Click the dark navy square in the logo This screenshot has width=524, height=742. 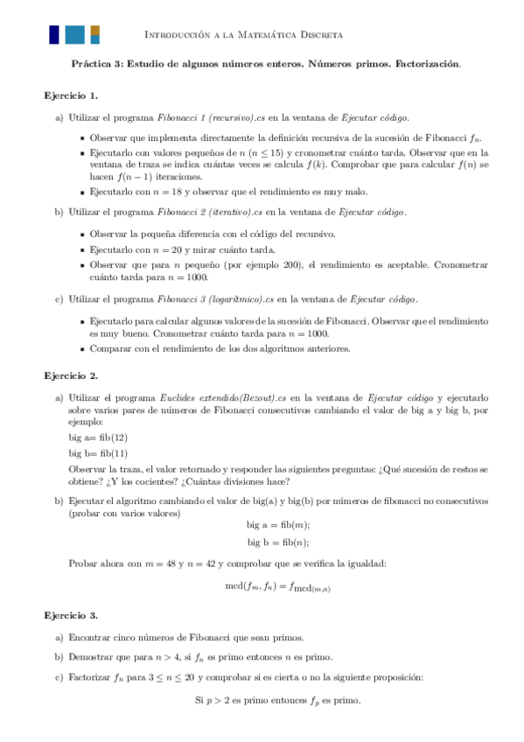point(54,34)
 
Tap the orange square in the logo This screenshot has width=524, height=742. point(94,34)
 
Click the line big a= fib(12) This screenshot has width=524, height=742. point(98,437)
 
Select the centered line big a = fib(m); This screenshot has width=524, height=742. point(278,524)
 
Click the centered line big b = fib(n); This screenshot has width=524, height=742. point(278,542)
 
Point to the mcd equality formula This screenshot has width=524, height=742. point(278,587)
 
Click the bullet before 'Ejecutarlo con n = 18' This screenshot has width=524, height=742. point(82,192)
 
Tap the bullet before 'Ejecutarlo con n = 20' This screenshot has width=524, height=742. point(82,249)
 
